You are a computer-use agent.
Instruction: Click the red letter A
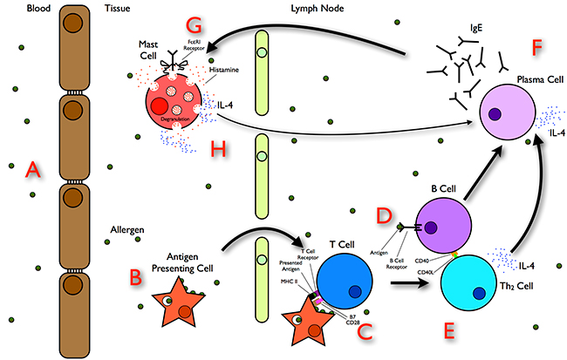pyautogui.click(x=33, y=170)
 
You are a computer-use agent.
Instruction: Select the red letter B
pyautogui.click(x=135, y=278)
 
